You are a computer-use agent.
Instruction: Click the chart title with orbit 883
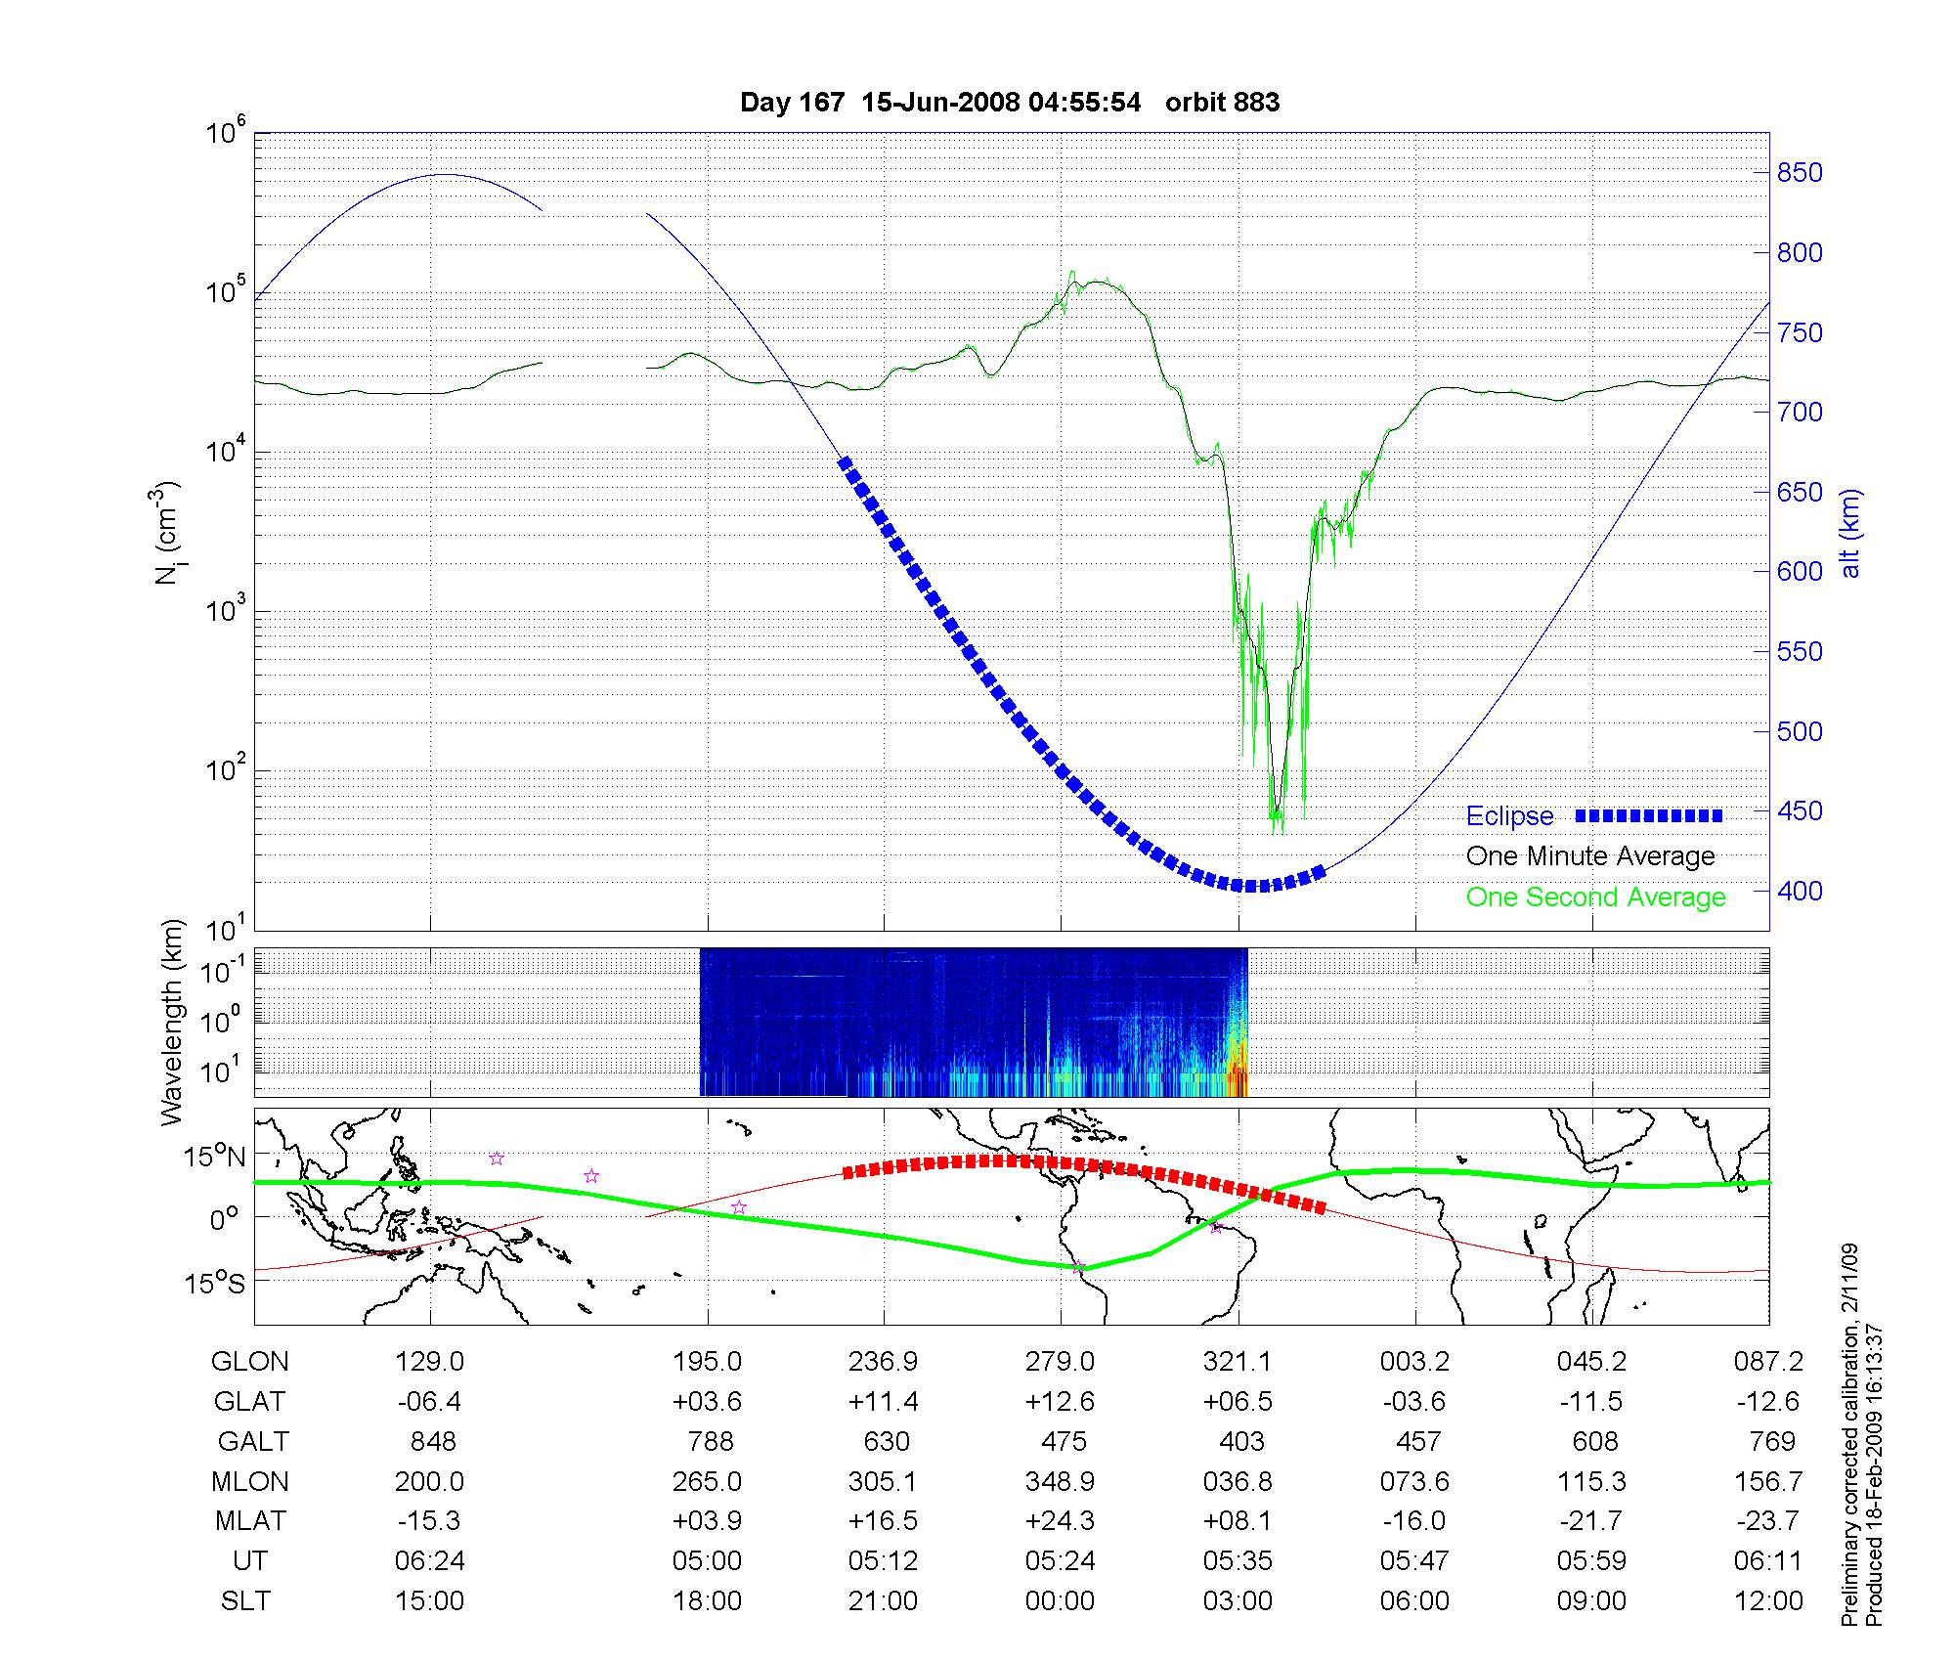1009,103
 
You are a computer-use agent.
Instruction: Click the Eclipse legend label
1509,816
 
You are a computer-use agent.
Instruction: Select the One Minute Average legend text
1590,856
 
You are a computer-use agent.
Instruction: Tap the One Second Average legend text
1595,897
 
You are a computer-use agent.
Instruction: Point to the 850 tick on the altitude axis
1800,173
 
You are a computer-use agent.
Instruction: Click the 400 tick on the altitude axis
1800,891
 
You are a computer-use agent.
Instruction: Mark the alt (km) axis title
1850,533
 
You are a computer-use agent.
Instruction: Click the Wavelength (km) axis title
173,1022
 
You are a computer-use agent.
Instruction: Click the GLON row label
249,1362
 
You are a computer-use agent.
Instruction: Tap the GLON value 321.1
1238,1362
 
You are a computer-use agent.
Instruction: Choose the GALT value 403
1241,1442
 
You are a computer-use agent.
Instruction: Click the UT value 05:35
1238,1560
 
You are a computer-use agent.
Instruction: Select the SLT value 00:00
1061,1601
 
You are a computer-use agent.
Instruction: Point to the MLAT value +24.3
1061,1521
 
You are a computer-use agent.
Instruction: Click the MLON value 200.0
429,1482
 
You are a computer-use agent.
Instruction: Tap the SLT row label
245,1601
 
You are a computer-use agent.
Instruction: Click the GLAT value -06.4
429,1402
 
